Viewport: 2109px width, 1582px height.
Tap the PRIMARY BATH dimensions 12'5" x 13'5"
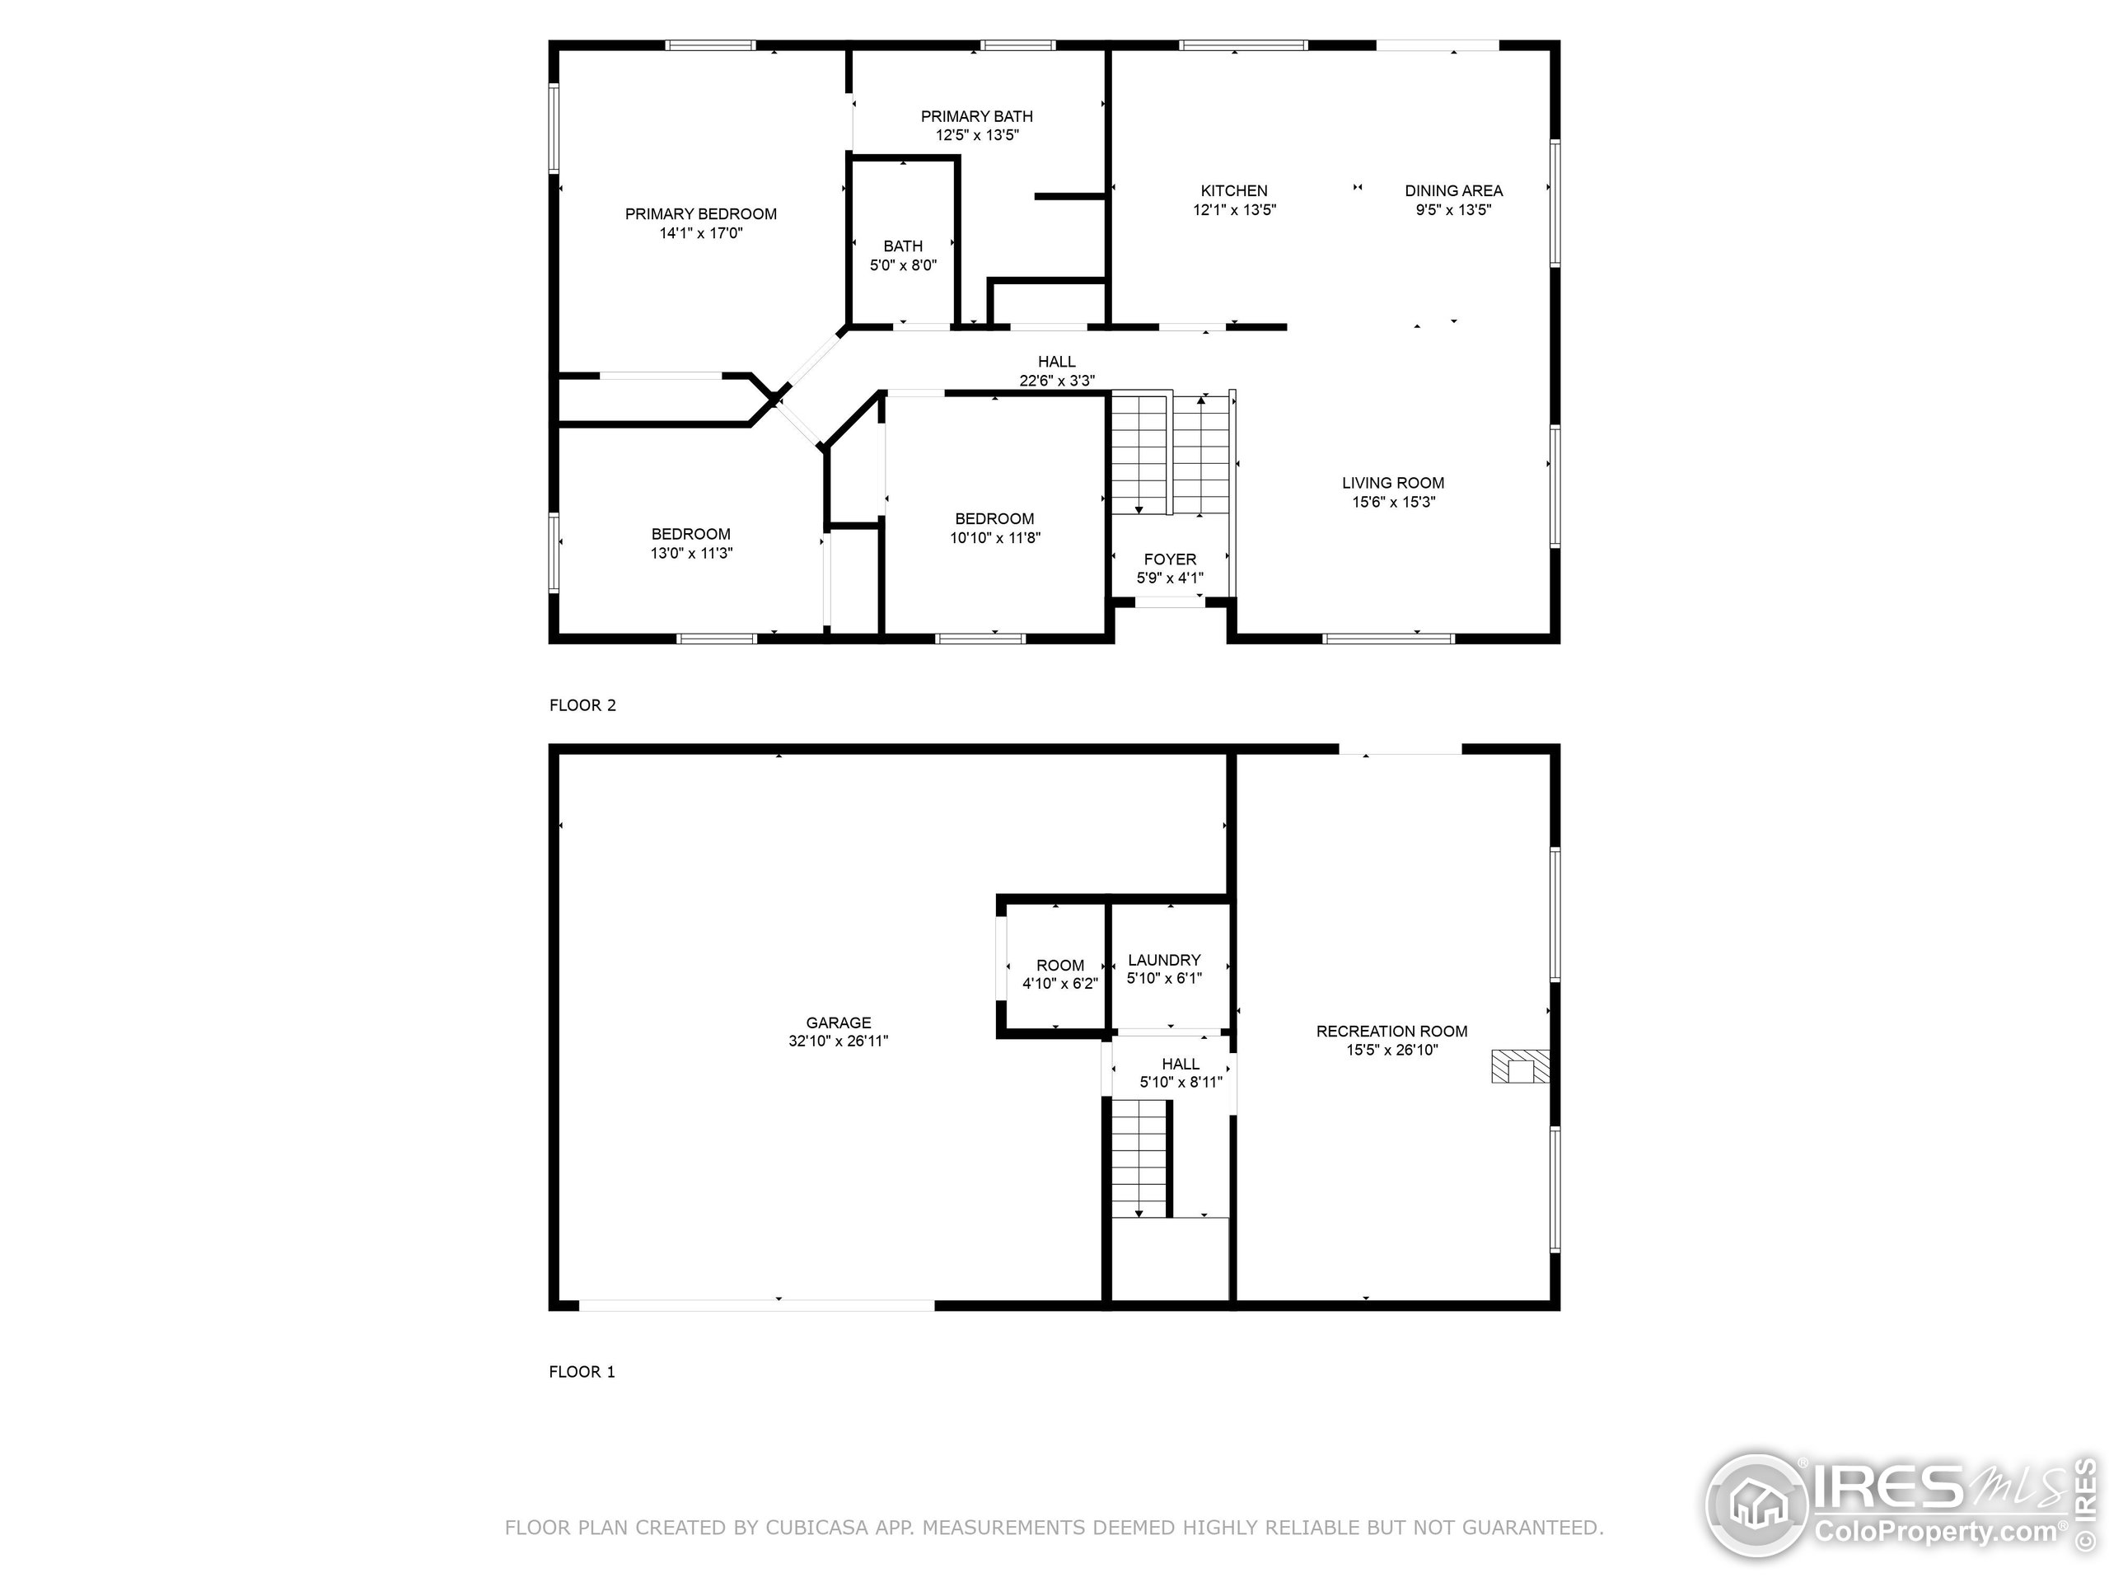(x=977, y=135)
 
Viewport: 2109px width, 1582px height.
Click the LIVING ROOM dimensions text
(x=1394, y=503)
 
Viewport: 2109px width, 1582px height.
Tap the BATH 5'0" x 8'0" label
(x=903, y=255)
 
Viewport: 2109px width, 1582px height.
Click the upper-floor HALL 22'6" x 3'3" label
(x=1057, y=371)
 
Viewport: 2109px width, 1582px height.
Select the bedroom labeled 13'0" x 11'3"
(x=691, y=544)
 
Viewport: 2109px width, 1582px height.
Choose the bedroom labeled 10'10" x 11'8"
(x=994, y=528)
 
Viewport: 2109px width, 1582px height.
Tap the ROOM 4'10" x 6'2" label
(x=1060, y=975)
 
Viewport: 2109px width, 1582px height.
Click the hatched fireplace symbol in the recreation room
(x=1520, y=1066)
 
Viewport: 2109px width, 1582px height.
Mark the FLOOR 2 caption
(x=582, y=705)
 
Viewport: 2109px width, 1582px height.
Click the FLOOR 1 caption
(x=582, y=1372)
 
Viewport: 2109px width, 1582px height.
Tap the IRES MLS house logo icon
(x=1757, y=1508)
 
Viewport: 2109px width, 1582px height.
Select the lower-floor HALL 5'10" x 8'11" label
(x=1181, y=1073)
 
